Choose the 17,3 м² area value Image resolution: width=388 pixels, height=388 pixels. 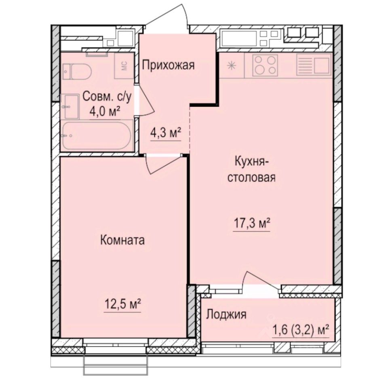[251, 223]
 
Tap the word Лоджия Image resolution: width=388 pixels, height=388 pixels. [226, 314]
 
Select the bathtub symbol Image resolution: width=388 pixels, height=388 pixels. [96, 136]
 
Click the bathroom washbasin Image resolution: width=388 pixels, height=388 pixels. [71, 106]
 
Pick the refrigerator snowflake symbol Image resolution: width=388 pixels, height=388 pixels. [232, 66]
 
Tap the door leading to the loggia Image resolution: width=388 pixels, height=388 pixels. [261, 281]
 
